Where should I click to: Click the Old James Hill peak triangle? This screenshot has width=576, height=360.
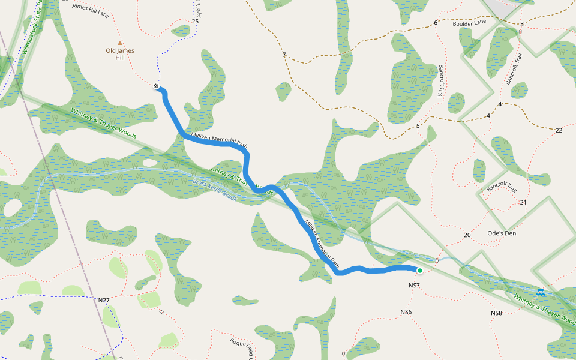click(119, 43)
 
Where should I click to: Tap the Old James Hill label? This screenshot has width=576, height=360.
click(119, 54)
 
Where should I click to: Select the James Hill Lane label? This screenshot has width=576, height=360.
click(91, 10)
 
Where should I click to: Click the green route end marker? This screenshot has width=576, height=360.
click(420, 271)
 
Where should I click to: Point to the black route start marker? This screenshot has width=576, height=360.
click(156, 86)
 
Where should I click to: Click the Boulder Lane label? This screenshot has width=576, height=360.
click(469, 22)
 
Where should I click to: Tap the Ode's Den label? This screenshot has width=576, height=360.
click(502, 233)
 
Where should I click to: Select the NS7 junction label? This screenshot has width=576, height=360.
click(414, 285)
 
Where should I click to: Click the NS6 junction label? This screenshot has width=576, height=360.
click(406, 312)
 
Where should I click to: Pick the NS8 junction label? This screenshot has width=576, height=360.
click(496, 313)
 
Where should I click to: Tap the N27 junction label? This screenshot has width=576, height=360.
click(104, 300)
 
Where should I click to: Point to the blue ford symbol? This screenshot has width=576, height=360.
click(540, 292)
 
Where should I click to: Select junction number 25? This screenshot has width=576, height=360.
click(195, 21)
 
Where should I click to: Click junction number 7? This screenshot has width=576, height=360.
click(284, 55)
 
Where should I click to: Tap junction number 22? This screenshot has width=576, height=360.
click(559, 130)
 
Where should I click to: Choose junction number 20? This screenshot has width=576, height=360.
click(467, 235)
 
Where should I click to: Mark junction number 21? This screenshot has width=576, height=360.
click(523, 202)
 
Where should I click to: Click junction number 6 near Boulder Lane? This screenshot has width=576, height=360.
click(436, 23)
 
